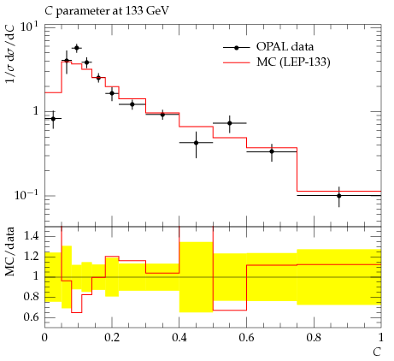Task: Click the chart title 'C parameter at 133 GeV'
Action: coord(107,11)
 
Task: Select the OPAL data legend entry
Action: coord(268,47)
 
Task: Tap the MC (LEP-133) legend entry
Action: coord(276,62)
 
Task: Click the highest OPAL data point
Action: coord(77,48)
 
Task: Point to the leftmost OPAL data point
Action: coord(53,118)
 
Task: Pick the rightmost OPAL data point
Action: coord(339,196)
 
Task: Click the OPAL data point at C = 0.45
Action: coord(196,143)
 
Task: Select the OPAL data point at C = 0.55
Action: coord(230,123)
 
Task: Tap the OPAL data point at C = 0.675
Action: coord(272,151)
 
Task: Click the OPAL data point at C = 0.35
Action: coord(162,115)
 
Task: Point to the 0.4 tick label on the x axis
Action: coord(179,338)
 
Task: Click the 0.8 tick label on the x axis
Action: coord(314,338)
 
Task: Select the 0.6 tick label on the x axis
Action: coord(246,338)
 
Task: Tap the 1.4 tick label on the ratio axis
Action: coord(31,236)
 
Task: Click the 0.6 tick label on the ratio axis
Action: coord(31,317)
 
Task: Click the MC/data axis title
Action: coord(10,252)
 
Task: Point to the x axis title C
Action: coord(377,352)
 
